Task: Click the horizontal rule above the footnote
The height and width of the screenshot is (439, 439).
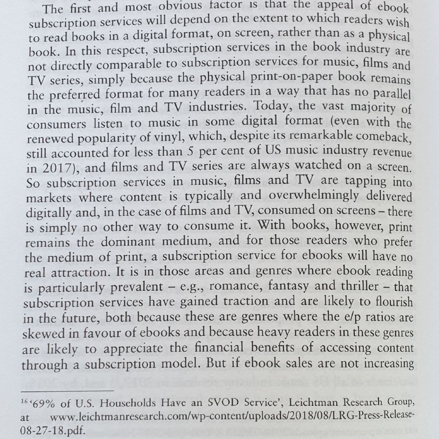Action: [67, 391]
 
